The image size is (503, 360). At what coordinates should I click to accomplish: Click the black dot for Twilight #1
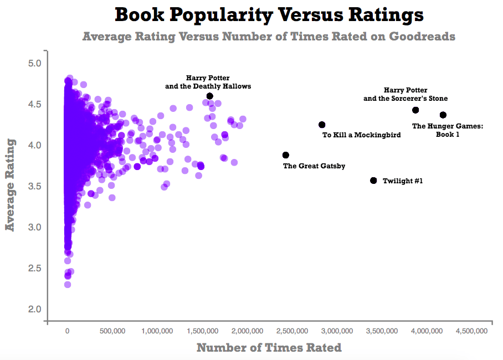[x=373, y=181]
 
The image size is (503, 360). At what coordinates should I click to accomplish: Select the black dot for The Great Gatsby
[x=286, y=155]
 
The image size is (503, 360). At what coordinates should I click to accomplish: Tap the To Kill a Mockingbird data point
[x=322, y=125]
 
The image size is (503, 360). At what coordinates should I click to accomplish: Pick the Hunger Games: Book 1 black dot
[x=443, y=115]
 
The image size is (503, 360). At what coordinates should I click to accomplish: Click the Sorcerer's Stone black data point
[x=415, y=110]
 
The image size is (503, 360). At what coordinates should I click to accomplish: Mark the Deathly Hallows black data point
[x=209, y=96]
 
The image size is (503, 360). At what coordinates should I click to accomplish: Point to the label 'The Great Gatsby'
[x=314, y=166]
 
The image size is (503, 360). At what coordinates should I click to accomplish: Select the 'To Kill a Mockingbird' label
[x=361, y=135]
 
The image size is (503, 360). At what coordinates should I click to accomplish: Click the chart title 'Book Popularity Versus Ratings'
[x=269, y=16]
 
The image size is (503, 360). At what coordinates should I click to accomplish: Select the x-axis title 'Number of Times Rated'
[x=269, y=348]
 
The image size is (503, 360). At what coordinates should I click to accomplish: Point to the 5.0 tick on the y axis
[x=35, y=63]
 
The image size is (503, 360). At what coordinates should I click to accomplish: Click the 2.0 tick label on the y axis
[x=35, y=309]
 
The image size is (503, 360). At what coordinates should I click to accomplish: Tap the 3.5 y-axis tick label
[x=35, y=186]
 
